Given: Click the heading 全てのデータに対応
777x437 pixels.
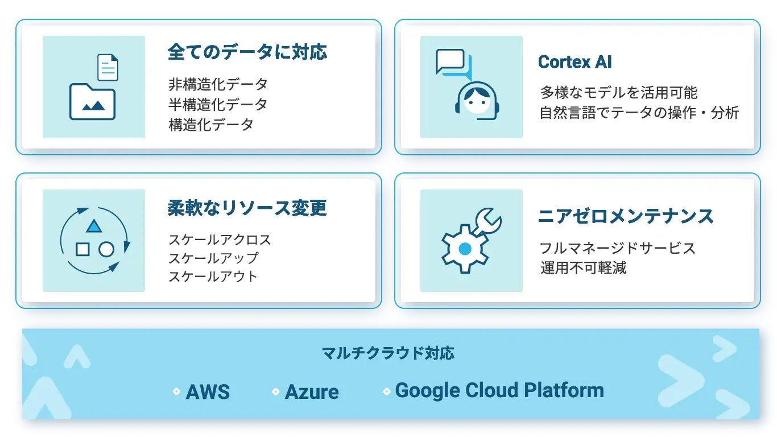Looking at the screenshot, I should pos(247,52).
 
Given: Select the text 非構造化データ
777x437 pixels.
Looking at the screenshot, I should pos(218,85).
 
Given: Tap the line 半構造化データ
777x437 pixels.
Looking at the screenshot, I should pos(218,105).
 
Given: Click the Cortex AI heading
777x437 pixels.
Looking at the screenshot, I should pos(575,62).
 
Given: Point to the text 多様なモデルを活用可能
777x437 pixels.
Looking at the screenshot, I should pos(618,92).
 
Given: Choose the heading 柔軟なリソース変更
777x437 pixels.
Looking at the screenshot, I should pos(247,208).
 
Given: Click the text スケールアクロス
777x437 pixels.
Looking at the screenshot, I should pos(220,240).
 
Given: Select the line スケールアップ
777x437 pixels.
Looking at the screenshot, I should pos(213,258).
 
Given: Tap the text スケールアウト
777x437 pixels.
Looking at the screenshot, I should pos(213,277).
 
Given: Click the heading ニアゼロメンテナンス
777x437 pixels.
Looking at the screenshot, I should pos(626,216).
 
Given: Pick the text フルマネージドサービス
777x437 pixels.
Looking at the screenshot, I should pos(617,248).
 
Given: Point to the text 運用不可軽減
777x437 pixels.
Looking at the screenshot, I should pos(583,267).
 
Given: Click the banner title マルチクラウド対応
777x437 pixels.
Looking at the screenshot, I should pos(388,353).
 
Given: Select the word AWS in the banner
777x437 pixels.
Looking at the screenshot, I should pos(208,392).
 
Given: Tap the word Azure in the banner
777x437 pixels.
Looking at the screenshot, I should pos(312,392).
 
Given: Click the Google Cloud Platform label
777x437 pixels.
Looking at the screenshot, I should pos(499,390).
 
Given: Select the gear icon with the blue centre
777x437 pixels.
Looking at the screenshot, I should pos(465,249).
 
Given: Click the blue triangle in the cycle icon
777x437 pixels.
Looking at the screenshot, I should pos(94,227).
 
